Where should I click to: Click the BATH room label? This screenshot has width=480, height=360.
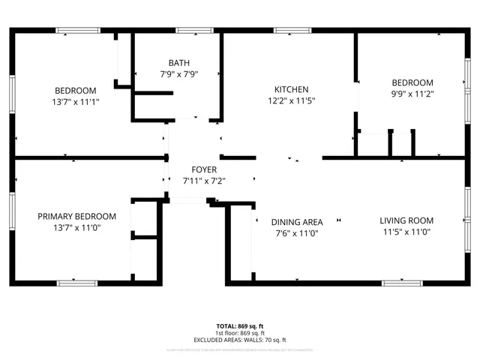(178, 63)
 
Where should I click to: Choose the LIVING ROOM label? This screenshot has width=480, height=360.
(406, 220)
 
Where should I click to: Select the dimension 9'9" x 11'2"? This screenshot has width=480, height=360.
(412, 94)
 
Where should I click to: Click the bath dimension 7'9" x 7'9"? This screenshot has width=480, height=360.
(178, 74)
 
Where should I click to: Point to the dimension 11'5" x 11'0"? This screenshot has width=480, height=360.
(406, 232)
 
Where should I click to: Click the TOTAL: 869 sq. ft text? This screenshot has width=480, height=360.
(240, 326)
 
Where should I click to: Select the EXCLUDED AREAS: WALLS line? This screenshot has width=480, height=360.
(240, 340)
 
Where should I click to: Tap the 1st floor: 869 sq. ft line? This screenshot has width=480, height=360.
(240, 333)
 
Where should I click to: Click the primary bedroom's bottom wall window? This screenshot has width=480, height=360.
(77, 283)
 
